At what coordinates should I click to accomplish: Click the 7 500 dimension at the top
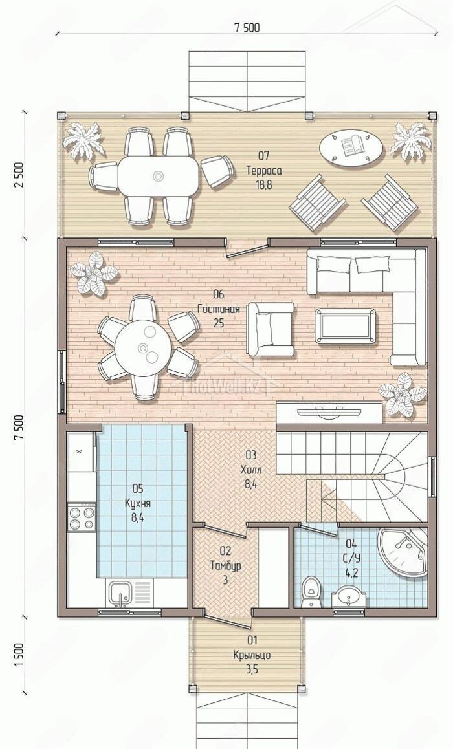[247, 27]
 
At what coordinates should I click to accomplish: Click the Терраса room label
[264, 170]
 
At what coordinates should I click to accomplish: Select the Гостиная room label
[218, 309]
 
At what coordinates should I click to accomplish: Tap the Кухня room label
[138, 503]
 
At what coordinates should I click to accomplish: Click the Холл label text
[251, 469]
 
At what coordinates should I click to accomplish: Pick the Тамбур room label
[225, 565]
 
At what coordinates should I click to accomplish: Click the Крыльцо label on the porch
[252, 655]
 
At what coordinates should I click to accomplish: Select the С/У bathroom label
[351, 558]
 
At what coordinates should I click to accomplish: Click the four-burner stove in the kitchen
[82, 518]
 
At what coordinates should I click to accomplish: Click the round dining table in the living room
[144, 348]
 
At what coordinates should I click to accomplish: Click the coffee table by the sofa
[345, 326]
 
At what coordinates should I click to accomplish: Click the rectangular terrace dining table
[159, 177]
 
